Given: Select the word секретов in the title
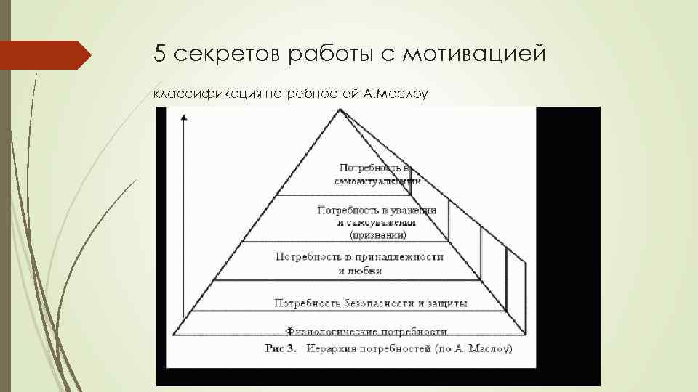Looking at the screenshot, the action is (x=218, y=54).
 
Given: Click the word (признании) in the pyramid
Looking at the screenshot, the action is (x=377, y=235).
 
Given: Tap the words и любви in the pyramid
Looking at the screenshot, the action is (x=360, y=271).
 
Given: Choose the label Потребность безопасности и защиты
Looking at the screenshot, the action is (x=371, y=302).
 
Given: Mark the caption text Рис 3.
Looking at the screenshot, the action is (x=281, y=348).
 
